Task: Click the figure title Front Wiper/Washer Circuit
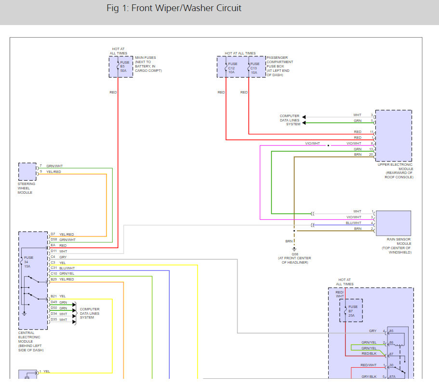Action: tap(173, 8)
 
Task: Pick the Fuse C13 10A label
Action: tap(255, 67)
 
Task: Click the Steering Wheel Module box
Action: tap(27, 172)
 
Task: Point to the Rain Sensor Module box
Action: tap(394, 223)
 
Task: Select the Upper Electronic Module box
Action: tap(393, 135)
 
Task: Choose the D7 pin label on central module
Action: tap(53, 234)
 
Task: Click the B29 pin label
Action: tap(53, 279)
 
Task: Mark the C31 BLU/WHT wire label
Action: tap(67, 268)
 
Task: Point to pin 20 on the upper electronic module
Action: tap(371, 155)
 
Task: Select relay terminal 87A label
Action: tap(391, 377)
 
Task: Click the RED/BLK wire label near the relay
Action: tap(369, 353)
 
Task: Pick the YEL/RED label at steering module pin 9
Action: tap(53, 172)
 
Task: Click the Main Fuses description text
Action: tap(148, 64)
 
